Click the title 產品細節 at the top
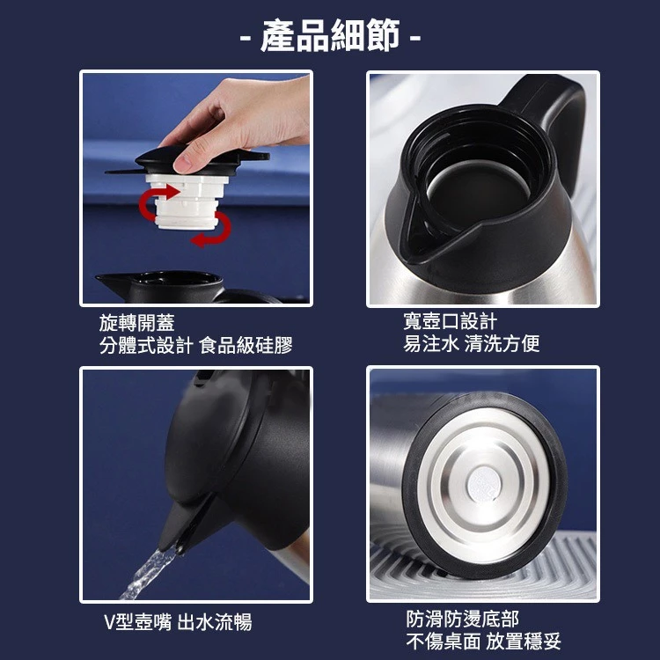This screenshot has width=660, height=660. [330, 37]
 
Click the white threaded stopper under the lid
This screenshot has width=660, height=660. [187, 202]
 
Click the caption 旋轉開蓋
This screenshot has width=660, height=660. [136, 323]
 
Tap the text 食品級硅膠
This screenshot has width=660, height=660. [246, 345]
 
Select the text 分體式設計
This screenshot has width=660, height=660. [146, 345]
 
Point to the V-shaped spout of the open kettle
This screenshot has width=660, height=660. [414, 231]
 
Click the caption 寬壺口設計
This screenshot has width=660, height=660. [451, 321]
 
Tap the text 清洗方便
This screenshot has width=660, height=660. [502, 343]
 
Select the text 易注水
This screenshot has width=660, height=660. [431, 343]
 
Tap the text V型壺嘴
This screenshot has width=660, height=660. [137, 621]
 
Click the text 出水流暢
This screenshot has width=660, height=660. [215, 621]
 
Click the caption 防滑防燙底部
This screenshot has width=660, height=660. [463, 619]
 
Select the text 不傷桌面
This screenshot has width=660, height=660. [444, 641]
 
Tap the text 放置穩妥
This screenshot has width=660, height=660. [524, 641]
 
